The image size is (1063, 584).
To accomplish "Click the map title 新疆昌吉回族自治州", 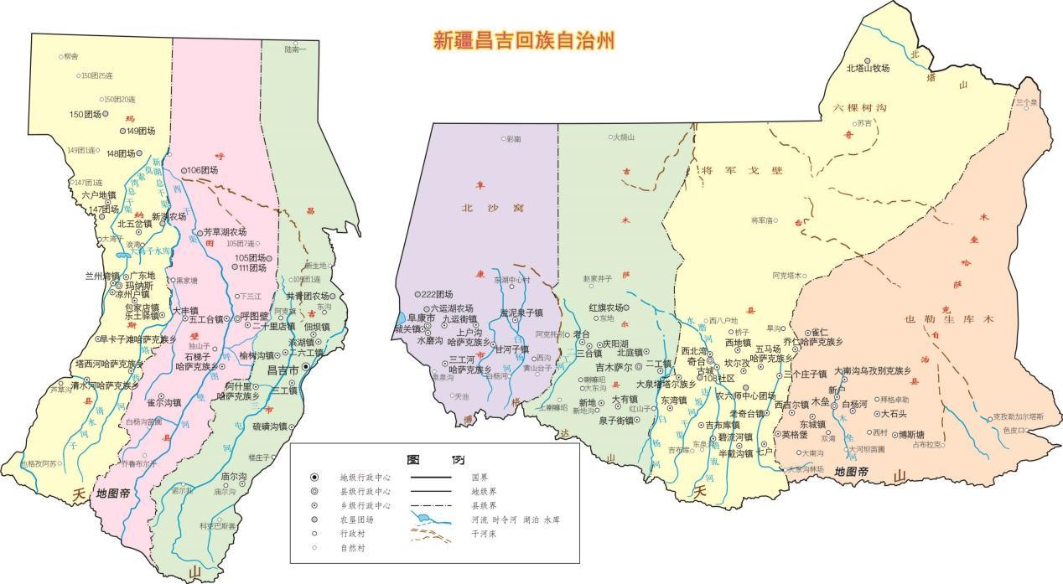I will [524, 40].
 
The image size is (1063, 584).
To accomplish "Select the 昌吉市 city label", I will [283, 370].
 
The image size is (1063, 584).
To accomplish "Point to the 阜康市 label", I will [420, 318].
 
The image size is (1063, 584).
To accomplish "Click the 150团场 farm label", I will [85, 114].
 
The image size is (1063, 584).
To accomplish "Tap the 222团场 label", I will [437, 294].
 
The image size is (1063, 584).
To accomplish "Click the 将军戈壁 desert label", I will [741, 171].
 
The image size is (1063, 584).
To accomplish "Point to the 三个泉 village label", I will [1026, 102].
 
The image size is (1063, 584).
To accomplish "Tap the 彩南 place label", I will [512, 138].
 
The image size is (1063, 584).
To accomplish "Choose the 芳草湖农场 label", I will [225, 231].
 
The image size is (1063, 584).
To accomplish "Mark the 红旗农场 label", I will [605, 308].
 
